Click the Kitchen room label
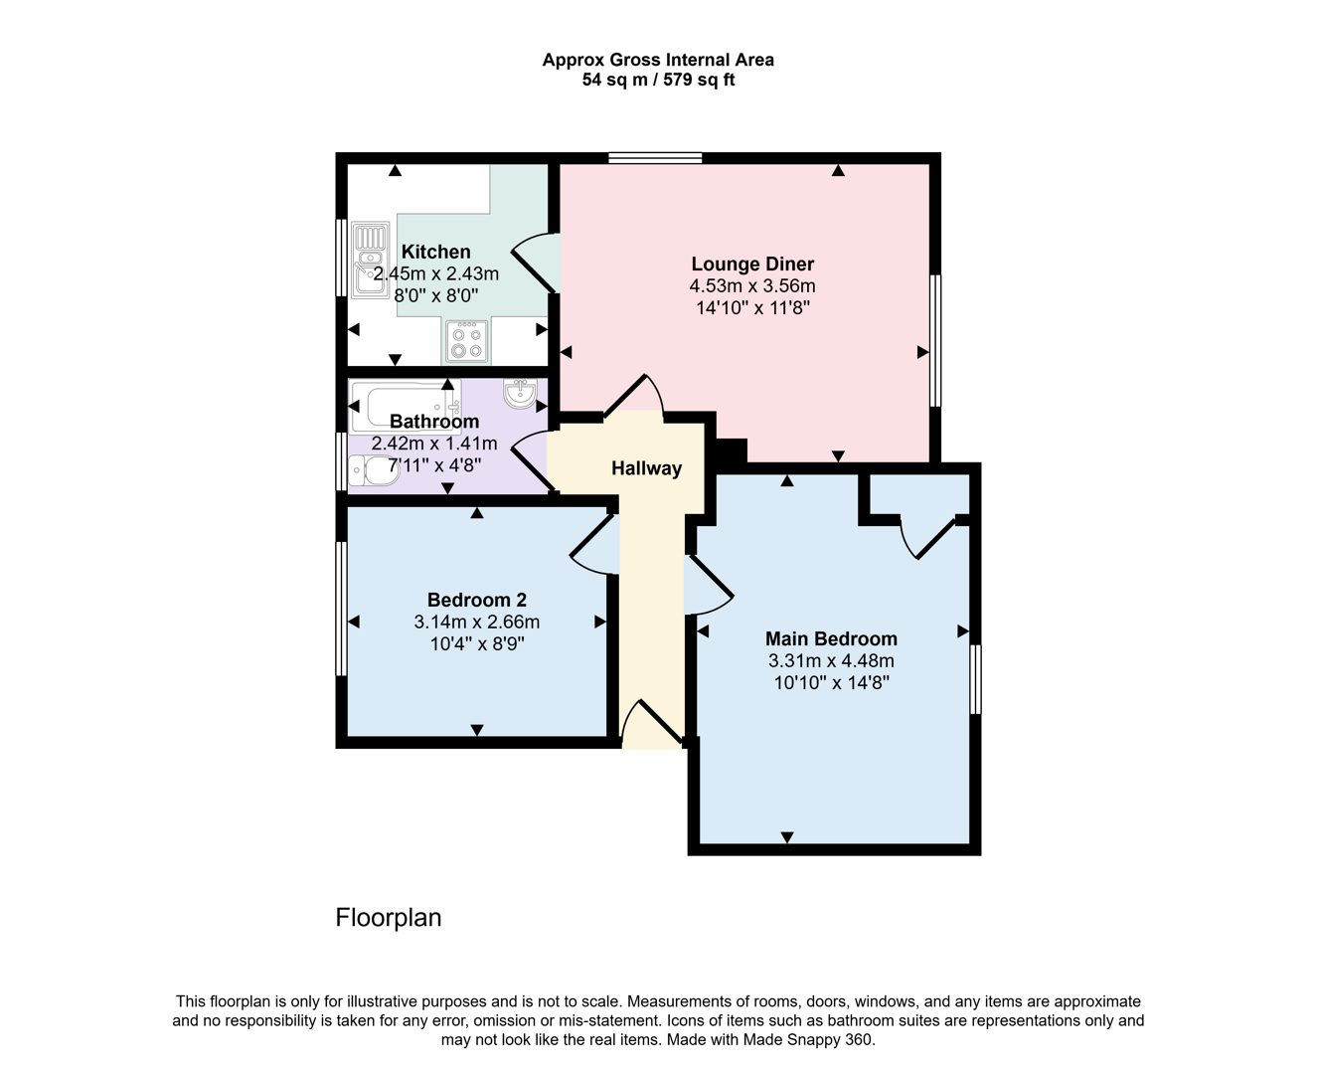coord(435,252)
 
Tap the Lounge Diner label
coord(752,264)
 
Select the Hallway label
coord(646,468)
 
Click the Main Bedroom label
coord(831,638)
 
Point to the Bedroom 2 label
coord(477,600)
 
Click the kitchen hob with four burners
coord(466,341)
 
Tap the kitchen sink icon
coord(370,262)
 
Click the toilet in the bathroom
coord(374,470)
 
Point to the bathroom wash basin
coord(519,394)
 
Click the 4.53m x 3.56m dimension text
coord(752,286)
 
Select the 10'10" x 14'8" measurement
coord(831,683)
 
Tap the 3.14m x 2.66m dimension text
coord(477,623)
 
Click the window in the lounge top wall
coord(655,157)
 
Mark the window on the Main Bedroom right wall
coord(975,679)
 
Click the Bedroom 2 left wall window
coord(341,609)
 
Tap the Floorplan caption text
coord(389,917)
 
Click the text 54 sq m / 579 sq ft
coord(658,81)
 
